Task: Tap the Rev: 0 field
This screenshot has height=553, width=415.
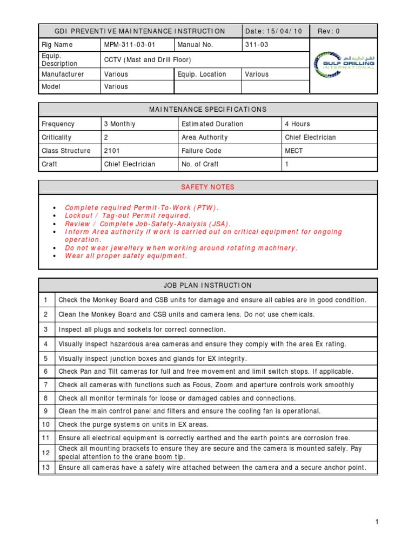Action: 329,31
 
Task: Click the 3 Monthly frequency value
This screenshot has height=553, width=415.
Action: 120,124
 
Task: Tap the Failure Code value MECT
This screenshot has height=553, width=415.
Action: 294,151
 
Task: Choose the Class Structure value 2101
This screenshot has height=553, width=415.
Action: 113,151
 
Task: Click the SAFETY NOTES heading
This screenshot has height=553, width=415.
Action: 207,187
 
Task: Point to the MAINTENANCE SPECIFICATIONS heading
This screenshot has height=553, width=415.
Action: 207,110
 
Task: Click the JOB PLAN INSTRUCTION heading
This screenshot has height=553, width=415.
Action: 207,285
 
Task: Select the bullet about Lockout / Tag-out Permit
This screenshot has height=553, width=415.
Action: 128,215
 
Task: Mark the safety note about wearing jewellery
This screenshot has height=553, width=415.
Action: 181,248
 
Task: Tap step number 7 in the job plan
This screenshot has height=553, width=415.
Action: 46,385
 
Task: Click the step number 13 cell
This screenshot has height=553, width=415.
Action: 46,468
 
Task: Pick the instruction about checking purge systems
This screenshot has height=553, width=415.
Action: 133,424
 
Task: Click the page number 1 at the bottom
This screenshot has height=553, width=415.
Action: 376,522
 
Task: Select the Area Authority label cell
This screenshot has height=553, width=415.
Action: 205,137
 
